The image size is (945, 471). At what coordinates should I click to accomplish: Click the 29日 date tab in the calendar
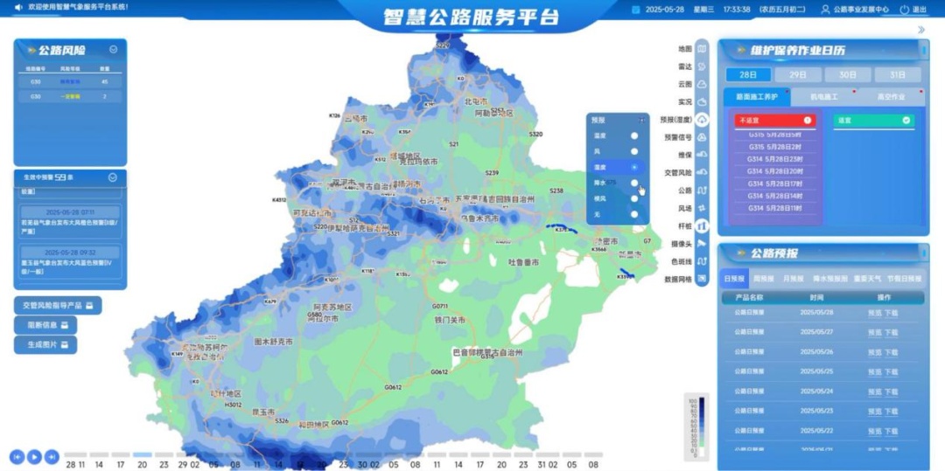coord(798,75)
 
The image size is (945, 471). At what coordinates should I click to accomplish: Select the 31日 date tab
coord(892,75)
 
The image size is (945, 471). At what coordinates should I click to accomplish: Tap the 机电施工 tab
coord(823,97)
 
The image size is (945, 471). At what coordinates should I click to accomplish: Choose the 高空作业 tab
coord(891,97)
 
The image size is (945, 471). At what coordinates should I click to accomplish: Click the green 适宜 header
coord(872,121)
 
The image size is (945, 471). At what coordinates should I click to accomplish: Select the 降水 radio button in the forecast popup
coord(634,183)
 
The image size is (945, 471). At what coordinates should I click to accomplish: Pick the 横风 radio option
coord(634,198)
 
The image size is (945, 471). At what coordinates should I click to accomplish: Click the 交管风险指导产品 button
coord(58,305)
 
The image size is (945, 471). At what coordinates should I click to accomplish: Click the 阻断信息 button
coord(45,325)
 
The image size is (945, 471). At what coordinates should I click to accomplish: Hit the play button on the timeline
coord(34,456)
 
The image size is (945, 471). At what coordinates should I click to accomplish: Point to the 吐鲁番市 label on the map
coord(524,261)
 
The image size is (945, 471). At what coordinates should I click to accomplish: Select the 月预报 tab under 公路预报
coord(793,279)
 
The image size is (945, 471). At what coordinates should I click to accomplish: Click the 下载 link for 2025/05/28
coord(891,312)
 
